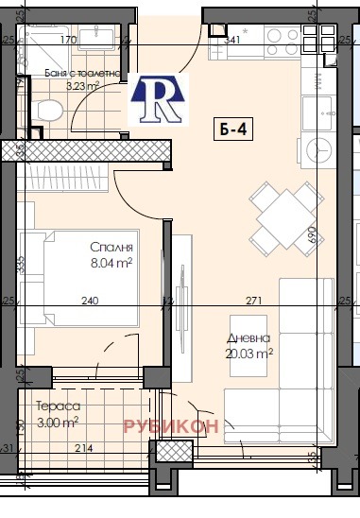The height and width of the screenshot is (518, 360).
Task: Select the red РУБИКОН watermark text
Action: pyautogui.click(x=171, y=425)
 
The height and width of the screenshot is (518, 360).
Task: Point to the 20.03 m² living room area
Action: pyautogui.click(x=250, y=353)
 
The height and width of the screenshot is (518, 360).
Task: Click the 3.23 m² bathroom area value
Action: pyautogui.click(x=83, y=85)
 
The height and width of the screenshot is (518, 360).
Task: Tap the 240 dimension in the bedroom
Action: pyautogui.click(x=89, y=301)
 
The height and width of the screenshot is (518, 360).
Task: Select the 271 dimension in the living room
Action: pyautogui.click(x=252, y=301)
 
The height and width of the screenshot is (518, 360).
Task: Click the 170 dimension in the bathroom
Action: pyautogui.click(x=68, y=41)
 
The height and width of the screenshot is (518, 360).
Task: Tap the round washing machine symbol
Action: pyautogui.click(x=317, y=153)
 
